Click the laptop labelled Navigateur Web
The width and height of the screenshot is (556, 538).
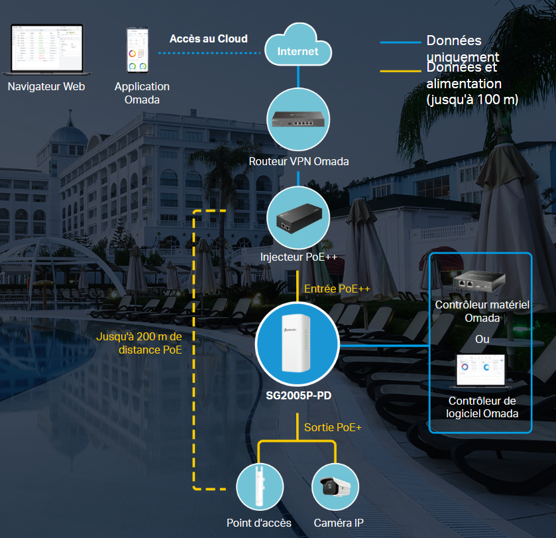[46, 50]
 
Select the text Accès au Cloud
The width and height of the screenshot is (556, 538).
[208, 39]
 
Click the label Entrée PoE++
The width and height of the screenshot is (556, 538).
[337, 289]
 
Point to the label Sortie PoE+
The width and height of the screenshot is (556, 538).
[333, 428]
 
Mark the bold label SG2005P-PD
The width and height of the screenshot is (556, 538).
[298, 396]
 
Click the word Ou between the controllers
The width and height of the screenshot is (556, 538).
[482, 340]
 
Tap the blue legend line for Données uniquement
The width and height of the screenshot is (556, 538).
[400, 42]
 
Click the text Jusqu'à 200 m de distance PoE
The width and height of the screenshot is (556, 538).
[139, 344]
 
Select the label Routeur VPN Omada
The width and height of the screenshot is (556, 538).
[298, 161]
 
